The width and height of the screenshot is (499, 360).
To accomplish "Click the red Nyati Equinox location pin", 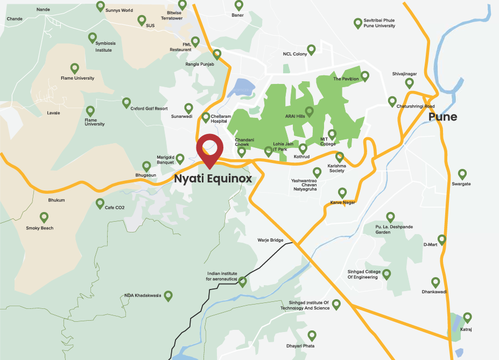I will click(209, 150).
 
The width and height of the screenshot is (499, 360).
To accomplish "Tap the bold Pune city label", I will click(442, 117).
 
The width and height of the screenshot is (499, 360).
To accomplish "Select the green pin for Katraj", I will click(467, 317).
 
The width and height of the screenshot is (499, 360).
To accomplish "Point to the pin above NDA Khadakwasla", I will click(168, 295).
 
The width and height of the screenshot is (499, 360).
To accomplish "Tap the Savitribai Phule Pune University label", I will click(382, 23).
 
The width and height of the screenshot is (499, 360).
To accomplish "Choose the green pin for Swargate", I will click(462, 174).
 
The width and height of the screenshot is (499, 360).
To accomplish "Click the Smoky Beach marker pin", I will click(44, 217).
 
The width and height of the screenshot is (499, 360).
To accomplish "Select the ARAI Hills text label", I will click(294, 116).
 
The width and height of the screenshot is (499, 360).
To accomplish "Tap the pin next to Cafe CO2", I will click(100, 203).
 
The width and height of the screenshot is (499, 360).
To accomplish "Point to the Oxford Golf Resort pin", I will click(126, 102).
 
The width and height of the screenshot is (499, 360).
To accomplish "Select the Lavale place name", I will click(54, 113).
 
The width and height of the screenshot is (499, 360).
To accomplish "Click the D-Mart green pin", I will click(442, 239).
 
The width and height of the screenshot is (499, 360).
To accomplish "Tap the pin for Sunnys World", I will click(100, 6).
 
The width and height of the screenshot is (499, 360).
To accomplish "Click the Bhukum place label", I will click(56, 200).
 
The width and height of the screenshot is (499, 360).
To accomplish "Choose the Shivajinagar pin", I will click(409, 83).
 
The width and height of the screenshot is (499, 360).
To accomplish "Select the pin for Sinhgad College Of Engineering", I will click(386, 273).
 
